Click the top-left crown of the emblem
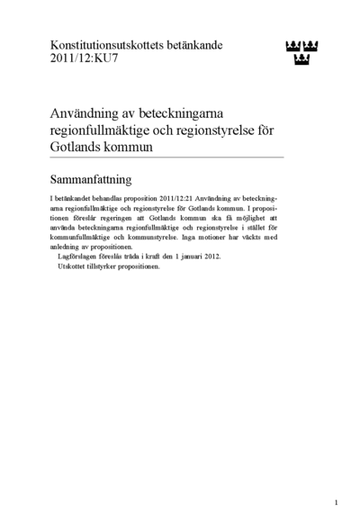click(291, 45)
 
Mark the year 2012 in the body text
click(210, 256)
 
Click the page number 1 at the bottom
click(336, 502)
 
